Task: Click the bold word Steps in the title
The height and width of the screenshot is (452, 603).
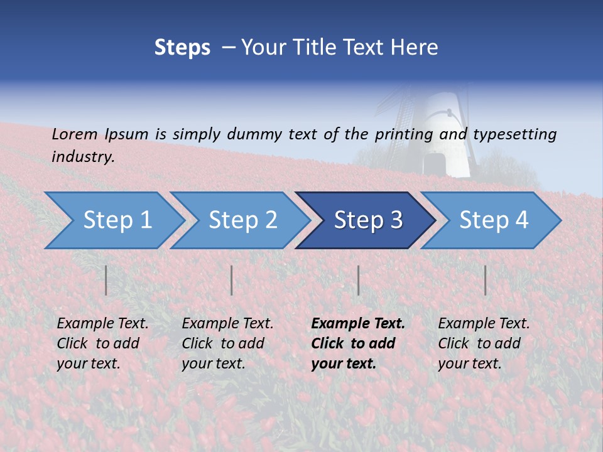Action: click(x=182, y=48)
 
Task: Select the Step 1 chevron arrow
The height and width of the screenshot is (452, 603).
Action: click(x=113, y=220)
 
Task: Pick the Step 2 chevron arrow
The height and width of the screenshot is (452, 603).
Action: click(x=239, y=220)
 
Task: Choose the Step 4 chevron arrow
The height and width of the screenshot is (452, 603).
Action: click(x=491, y=220)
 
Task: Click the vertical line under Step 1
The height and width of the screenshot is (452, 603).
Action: click(x=106, y=280)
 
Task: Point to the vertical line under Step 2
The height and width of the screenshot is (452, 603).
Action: click(x=232, y=280)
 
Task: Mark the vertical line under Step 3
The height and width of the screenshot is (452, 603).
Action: click(x=359, y=280)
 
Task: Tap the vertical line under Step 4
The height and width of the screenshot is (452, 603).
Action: click(x=486, y=280)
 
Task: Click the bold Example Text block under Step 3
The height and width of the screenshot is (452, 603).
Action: click(x=357, y=343)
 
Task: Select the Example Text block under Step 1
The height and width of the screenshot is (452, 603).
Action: click(x=102, y=343)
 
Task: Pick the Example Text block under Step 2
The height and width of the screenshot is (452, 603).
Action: click(x=227, y=343)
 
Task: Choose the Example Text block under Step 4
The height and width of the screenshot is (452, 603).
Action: click(x=484, y=343)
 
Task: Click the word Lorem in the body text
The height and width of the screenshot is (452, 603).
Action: click(x=75, y=134)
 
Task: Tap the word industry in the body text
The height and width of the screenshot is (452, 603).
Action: click(x=83, y=157)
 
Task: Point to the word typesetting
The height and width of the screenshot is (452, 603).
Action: click(x=514, y=134)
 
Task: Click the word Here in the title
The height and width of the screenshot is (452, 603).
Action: click(x=415, y=48)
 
